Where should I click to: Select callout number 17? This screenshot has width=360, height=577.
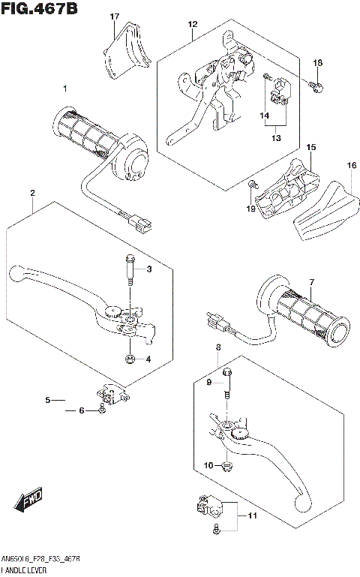(x=115, y=16)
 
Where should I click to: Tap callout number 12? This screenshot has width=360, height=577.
(x=193, y=24)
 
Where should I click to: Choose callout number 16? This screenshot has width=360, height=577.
(x=350, y=164)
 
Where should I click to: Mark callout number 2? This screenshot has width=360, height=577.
(x=33, y=194)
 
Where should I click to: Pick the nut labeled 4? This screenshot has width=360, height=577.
(x=130, y=359)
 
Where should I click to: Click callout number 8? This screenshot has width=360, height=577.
(x=218, y=347)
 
